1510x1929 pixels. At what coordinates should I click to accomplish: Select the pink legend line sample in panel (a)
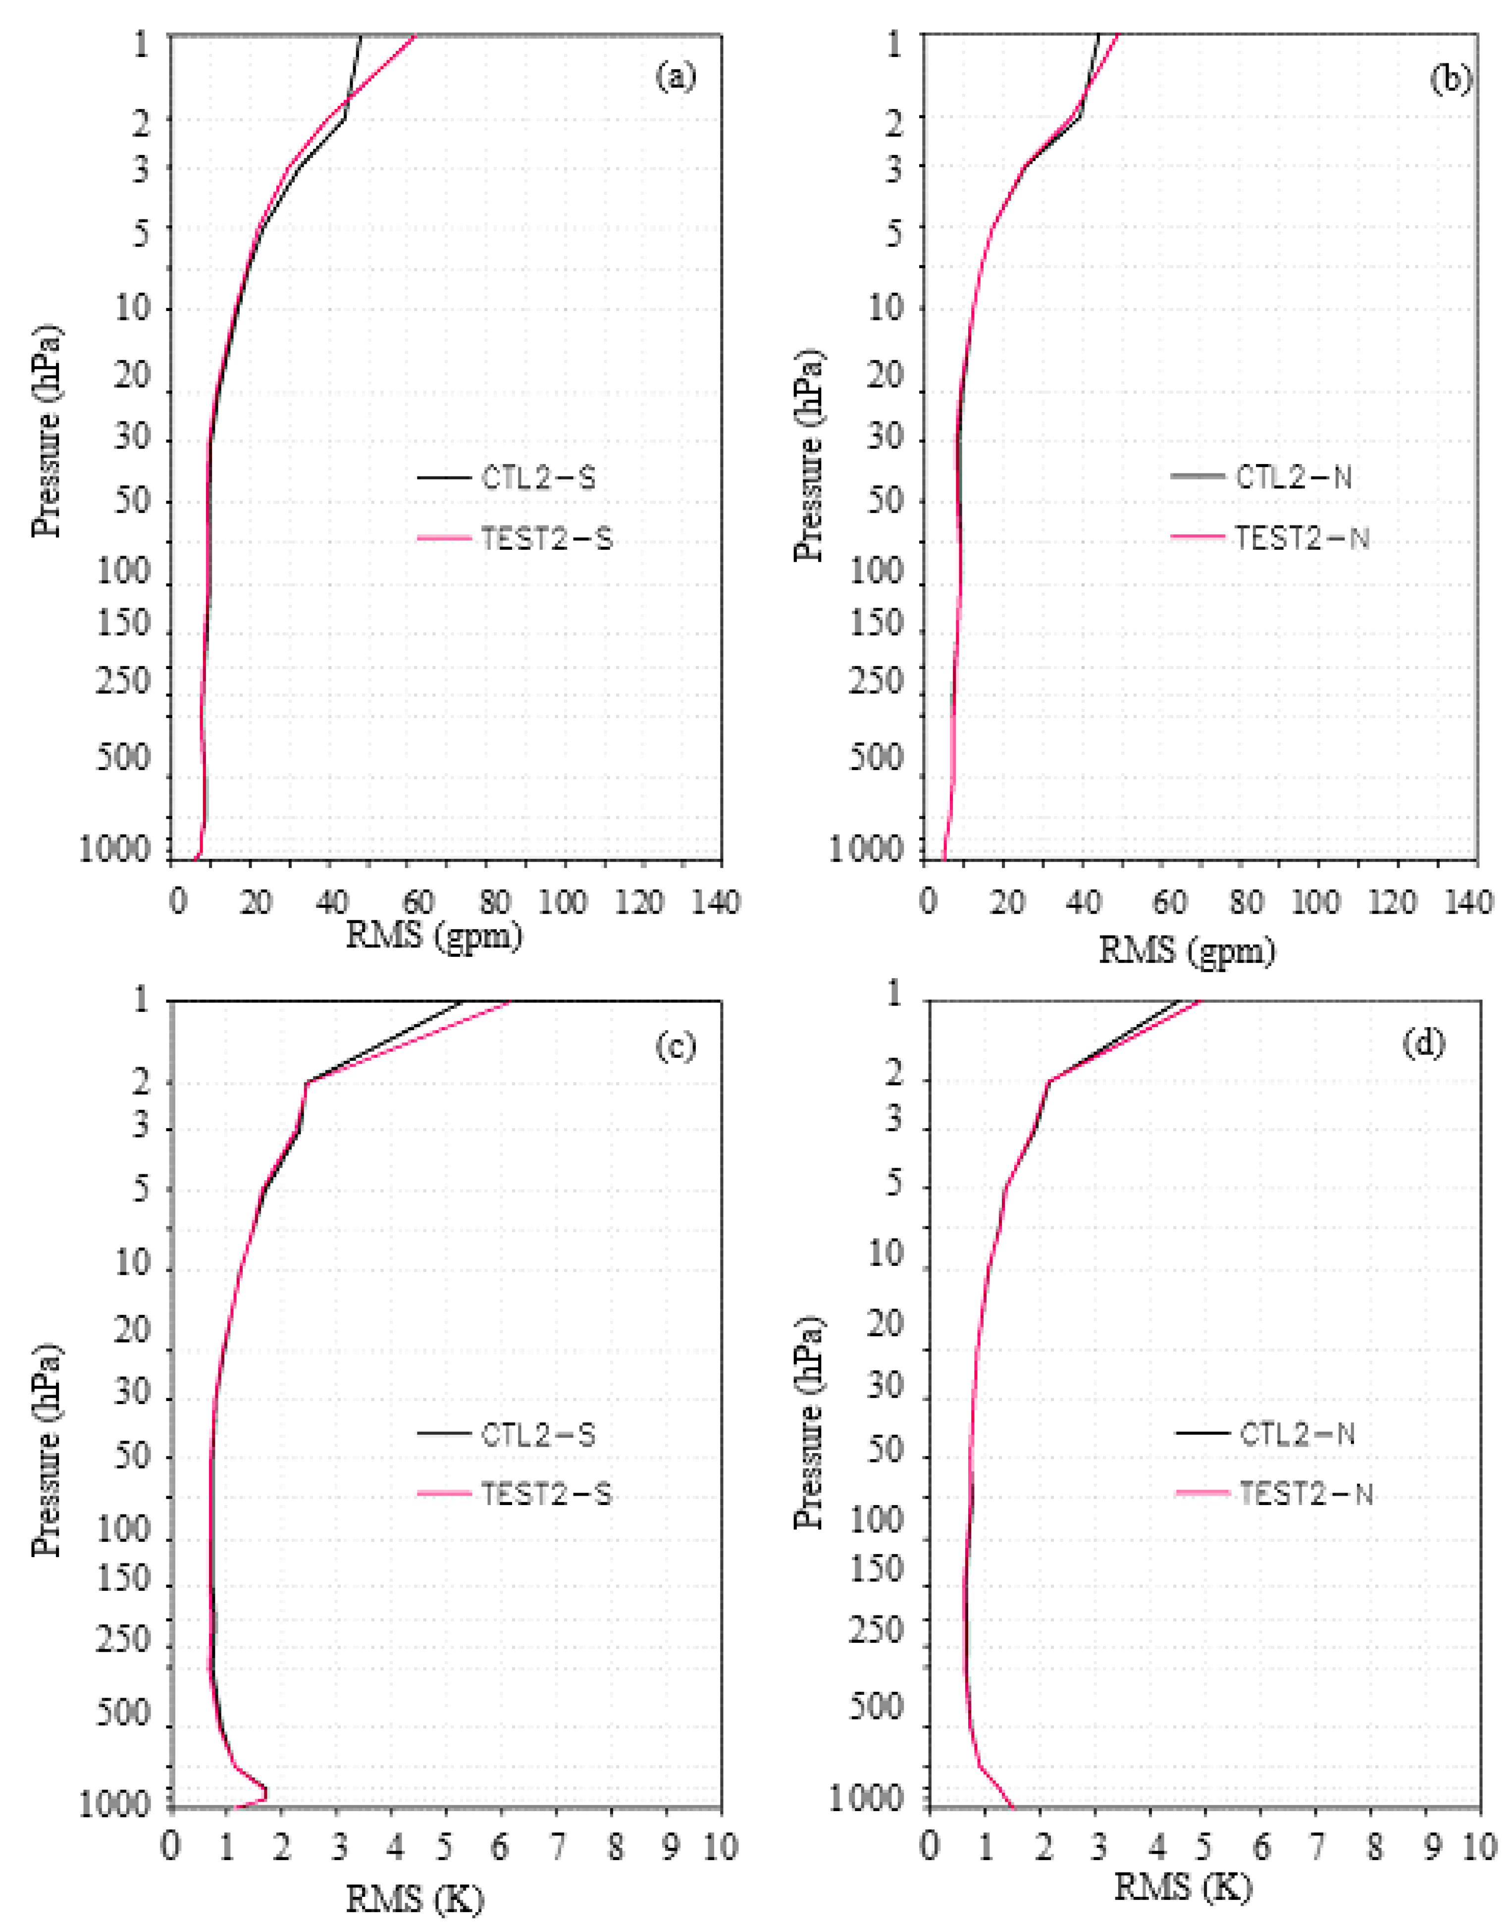coord(444,537)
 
